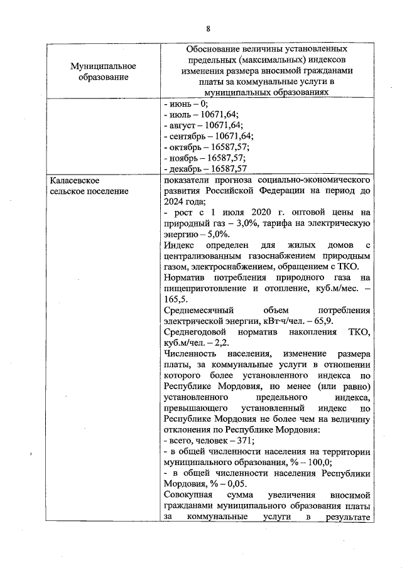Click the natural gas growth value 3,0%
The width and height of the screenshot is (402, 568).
(x=258, y=223)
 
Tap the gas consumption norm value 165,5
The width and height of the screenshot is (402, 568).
(x=175, y=299)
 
